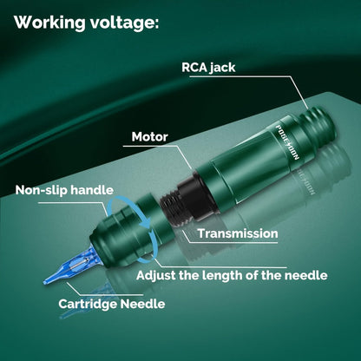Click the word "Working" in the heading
tap(49, 22)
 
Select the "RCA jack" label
tap(208, 68)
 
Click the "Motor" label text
tap(149, 136)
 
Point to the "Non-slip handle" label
tap(64, 190)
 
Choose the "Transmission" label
tap(238, 233)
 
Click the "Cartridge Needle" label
tap(112, 304)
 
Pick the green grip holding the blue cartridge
tap(121, 236)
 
